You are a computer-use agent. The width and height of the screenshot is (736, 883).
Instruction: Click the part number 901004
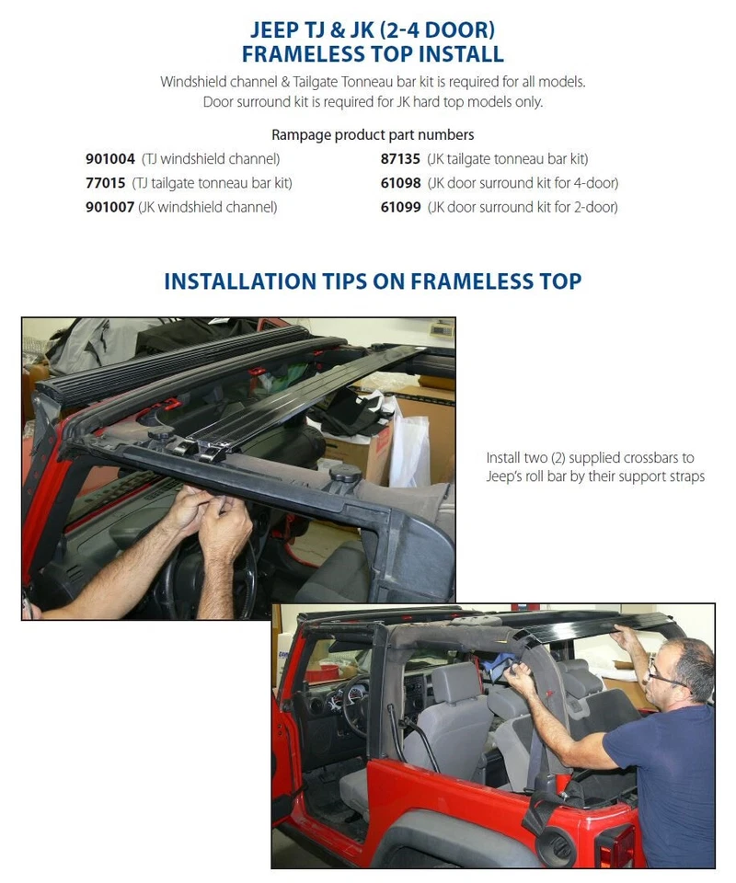(109, 159)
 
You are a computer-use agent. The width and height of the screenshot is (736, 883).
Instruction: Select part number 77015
(105, 183)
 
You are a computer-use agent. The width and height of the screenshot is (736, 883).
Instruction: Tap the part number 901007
(109, 207)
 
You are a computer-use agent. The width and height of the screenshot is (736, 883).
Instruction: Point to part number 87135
(400, 159)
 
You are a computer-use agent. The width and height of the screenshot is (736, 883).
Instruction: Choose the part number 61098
(400, 183)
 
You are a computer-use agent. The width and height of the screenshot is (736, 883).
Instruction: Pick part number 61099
(400, 207)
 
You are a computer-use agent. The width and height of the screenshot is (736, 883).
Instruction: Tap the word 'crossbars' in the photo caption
(660, 457)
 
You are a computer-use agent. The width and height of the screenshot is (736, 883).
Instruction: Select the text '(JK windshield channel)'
(208, 207)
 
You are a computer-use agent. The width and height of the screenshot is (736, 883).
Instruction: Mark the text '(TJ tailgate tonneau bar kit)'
(213, 183)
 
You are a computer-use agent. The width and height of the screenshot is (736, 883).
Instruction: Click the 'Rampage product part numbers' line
(373, 135)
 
